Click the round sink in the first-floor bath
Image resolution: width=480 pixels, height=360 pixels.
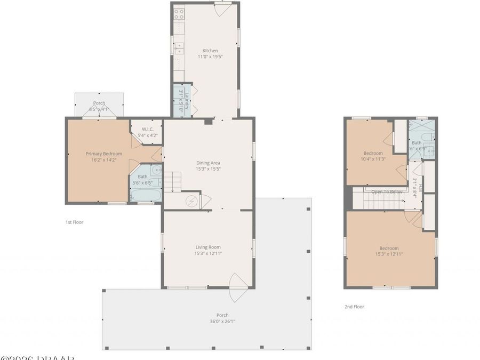point(155,171)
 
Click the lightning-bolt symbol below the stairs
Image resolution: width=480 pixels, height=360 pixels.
point(191,202)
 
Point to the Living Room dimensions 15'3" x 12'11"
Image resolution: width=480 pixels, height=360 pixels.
point(207,254)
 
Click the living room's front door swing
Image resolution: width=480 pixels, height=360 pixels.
point(237,288)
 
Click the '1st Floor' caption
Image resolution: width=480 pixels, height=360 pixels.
point(74,222)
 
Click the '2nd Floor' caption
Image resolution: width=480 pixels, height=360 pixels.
point(355,307)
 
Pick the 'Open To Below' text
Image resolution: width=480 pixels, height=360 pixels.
point(387,191)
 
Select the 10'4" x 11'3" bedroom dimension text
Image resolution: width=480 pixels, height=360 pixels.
point(373,158)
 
